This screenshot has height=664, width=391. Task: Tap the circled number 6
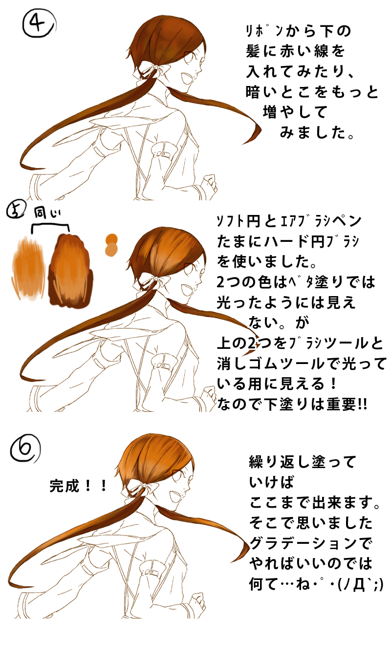coord(25,448)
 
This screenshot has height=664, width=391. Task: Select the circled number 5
coord(15,211)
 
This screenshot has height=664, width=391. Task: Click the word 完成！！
coord(78,487)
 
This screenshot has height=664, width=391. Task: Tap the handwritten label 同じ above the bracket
coord(47,213)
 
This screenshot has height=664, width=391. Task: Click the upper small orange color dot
coord(112,238)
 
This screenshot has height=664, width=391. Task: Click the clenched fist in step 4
coord(209,184)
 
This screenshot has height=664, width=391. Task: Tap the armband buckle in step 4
coord(162,154)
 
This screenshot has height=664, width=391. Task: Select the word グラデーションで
coord(310,544)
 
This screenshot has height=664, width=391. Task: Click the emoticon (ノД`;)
coord(360,585)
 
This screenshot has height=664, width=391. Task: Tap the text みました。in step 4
coord(317,132)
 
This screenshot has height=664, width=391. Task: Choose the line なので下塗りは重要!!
coord(292,404)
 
